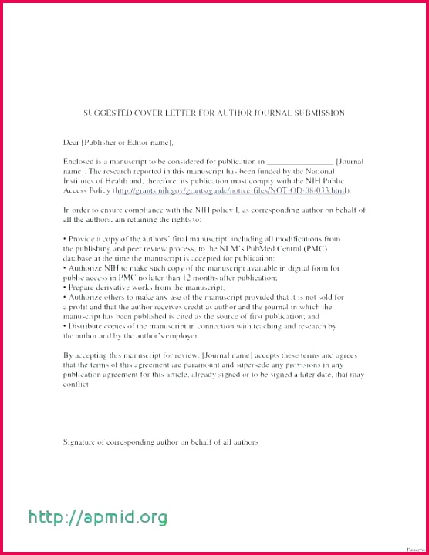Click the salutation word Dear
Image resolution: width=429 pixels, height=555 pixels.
pyautogui.click(x=71, y=142)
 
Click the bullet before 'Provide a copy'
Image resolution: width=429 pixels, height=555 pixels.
pyautogui.click(x=65, y=239)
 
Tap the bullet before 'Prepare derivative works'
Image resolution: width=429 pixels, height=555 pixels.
pyautogui.click(x=65, y=287)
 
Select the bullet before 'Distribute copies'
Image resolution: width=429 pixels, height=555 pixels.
pyautogui.click(x=65, y=326)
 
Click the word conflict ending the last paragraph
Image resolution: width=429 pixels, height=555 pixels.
pyautogui.click(x=76, y=384)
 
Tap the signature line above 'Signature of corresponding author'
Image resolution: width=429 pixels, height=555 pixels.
pyautogui.click(x=161, y=435)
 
